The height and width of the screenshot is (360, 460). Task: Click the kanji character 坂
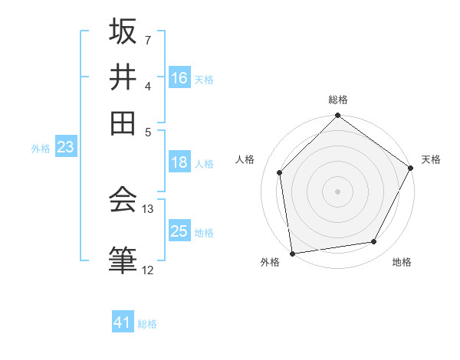coord(123,32)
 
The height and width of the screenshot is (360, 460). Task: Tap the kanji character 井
coord(123,77)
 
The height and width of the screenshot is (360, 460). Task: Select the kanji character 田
coord(123,122)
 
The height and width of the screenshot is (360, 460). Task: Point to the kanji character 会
coord(123,199)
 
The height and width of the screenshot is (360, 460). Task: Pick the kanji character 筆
coord(123,258)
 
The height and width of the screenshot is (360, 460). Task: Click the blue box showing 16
coord(179,78)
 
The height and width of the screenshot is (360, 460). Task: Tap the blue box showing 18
coord(179,162)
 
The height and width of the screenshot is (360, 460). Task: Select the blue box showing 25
coord(179,231)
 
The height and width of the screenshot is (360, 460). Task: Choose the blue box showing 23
coord(65,148)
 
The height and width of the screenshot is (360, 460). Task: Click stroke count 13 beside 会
coord(148,208)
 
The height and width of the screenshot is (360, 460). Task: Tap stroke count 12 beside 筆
coord(148,270)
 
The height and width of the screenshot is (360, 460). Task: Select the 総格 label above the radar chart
coord(338,100)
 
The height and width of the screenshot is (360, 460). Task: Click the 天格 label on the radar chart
coord(431,159)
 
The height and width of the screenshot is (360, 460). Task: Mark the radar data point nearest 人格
coord(280,172)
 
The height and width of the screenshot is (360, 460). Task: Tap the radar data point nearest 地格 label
coord(374,242)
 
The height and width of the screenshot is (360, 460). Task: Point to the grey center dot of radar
coord(337,191)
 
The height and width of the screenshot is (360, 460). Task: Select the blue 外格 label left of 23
coord(40,149)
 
